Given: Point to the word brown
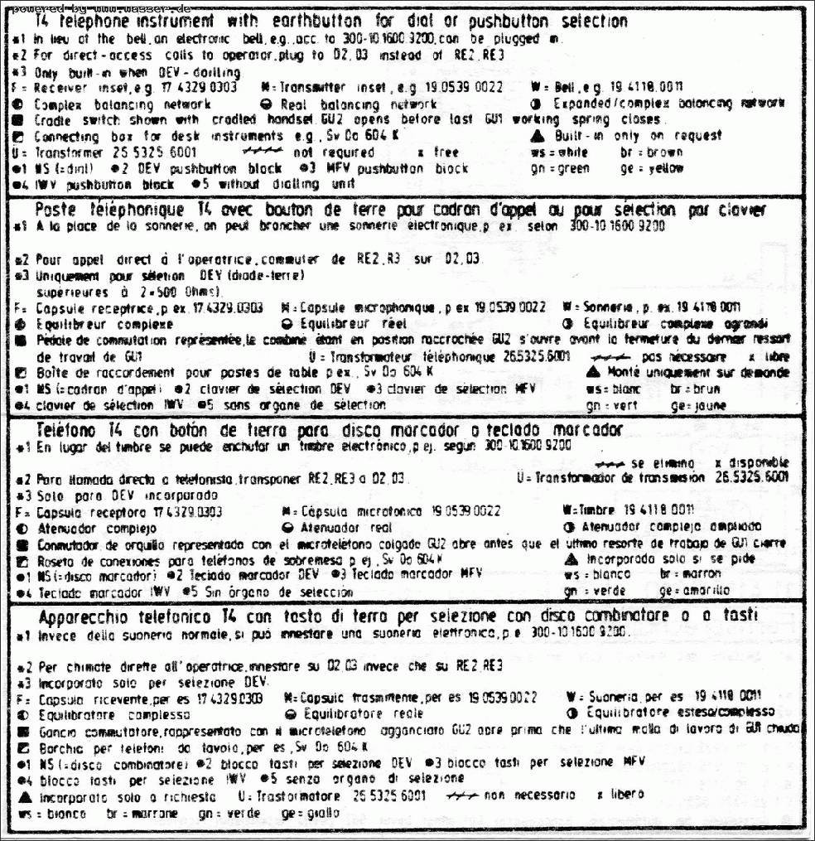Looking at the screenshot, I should tap(665, 152).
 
